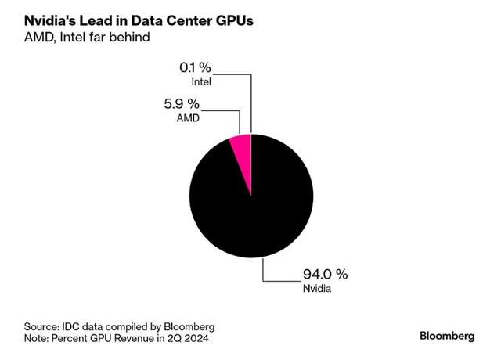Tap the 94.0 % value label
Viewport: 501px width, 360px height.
[326, 275]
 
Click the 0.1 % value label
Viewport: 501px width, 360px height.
[194, 67]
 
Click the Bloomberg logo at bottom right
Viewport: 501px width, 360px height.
[447, 336]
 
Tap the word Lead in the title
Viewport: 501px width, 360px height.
[103, 16]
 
